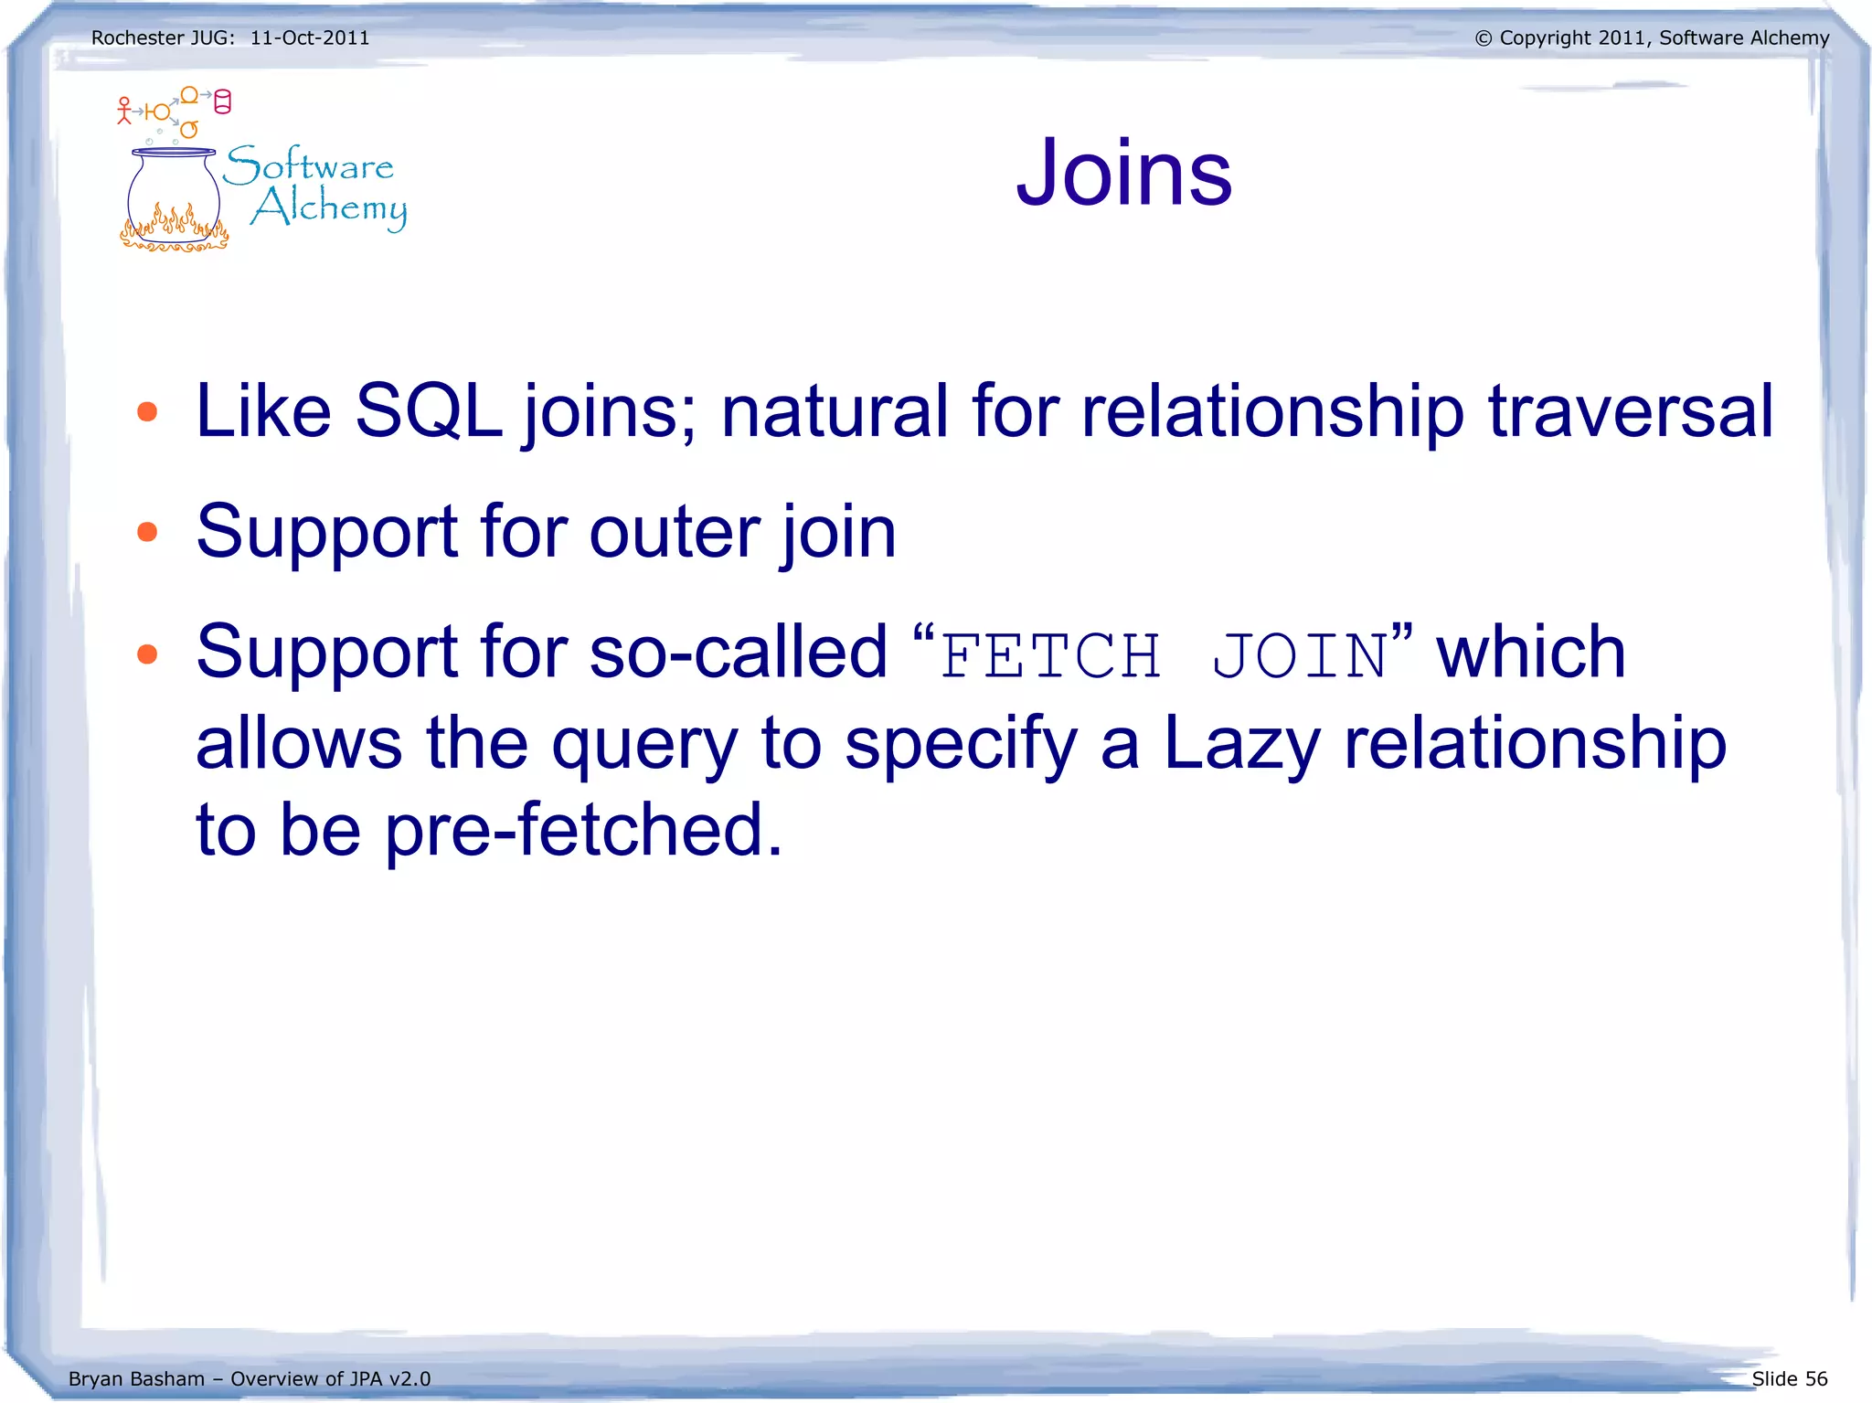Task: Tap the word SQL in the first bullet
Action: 428,410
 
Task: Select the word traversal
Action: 1631,410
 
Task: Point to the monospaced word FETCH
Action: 1050,655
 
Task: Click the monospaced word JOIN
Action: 1301,655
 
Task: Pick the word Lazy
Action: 1241,742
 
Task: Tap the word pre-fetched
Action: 582,829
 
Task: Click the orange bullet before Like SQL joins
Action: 147,411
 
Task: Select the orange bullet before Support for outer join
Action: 147,532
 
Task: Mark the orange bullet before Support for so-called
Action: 147,654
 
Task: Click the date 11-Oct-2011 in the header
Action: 310,38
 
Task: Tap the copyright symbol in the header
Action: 1483,38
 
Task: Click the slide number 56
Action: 1815,1378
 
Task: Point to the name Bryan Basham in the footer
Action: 136,1378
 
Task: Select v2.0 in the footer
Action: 409,1378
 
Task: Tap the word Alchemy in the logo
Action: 329,208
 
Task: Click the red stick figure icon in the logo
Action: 124,111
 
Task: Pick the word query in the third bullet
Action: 643,744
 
